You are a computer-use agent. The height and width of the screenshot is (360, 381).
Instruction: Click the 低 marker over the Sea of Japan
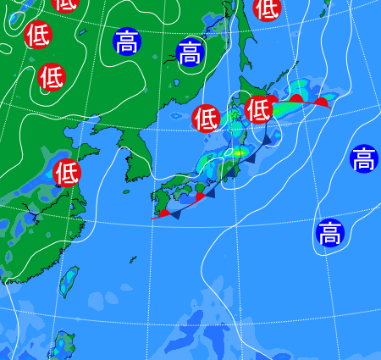click(206, 117)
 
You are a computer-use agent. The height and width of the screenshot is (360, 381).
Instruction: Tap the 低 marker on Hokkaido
click(257, 109)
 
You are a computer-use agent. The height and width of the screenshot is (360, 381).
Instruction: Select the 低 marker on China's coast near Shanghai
click(66, 172)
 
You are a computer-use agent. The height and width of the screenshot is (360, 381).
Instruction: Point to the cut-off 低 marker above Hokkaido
click(267, 8)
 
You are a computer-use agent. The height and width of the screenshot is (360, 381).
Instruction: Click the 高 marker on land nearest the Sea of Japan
click(190, 53)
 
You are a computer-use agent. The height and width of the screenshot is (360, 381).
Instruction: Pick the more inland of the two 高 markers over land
click(127, 41)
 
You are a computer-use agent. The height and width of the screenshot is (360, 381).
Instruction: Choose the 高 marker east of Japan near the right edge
click(363, 158)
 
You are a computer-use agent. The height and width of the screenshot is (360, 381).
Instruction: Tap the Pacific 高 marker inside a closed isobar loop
click(329, 231)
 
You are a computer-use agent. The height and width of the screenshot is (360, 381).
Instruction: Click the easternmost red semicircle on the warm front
click(321, 102)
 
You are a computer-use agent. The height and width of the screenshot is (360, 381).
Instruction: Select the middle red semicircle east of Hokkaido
click(296, 98)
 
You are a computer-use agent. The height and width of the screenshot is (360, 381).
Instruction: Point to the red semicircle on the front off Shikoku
click(200, 197)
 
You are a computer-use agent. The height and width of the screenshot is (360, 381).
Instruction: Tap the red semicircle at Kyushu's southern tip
click(163, 213)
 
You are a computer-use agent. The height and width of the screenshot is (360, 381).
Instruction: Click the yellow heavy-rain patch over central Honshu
click(240, 152)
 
